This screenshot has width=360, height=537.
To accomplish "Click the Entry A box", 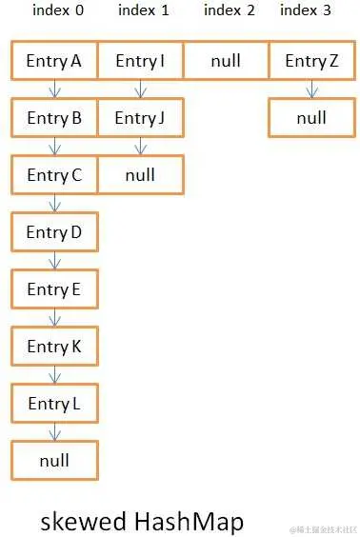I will (54, 61).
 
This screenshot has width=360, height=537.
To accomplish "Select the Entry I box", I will (140, 61).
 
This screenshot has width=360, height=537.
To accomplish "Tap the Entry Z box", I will (311, 61).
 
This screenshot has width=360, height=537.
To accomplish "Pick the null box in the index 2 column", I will (226, 61).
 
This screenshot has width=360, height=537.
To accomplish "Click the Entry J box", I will (140, 118).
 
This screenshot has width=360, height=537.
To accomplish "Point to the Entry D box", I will (54, 232).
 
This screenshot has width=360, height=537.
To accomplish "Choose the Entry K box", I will (54, 347).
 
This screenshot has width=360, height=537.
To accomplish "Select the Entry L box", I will (54, 404).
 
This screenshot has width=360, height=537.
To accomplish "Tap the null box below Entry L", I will (54, 461).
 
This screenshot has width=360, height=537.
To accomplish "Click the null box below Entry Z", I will (311, 118).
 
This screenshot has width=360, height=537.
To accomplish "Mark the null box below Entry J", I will (140, 175).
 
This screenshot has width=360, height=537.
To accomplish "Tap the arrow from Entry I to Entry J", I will (141, 89).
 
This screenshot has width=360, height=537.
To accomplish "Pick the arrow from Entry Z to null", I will (311, 89).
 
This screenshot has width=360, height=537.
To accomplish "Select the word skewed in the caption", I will (82, 521).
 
